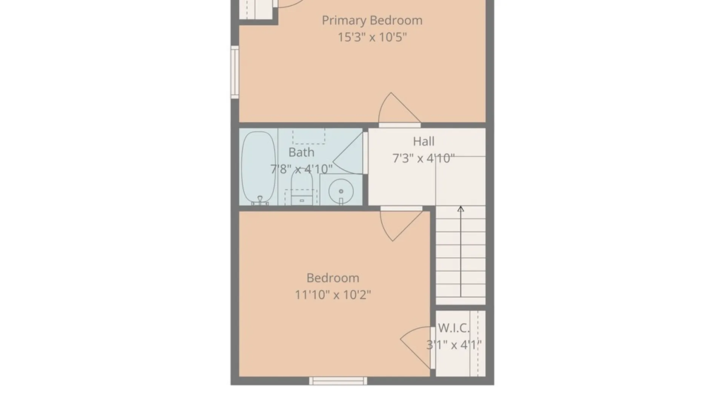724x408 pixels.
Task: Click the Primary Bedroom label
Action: click(372, 20)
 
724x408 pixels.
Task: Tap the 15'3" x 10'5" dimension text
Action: click(372, 37)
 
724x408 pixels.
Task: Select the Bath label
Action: click(301, 152)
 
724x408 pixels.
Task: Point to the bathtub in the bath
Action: click(258, 168)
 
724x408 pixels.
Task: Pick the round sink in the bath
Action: click(341, 191)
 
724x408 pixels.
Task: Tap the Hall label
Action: click(423, 141)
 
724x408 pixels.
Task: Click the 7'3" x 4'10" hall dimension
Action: click(423, 158)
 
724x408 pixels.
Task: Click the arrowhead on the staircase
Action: click(460, 209)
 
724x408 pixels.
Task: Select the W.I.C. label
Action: click(454, 328)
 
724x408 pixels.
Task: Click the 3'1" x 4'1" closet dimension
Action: click(454, 345)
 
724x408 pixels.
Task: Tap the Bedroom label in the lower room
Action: click(333, 278)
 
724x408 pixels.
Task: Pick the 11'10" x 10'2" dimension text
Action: click(333, 295)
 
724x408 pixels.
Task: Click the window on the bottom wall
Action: click(338, 381)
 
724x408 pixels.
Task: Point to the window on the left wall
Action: click(235, 72)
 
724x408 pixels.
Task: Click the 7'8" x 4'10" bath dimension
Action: click(301, 169)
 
